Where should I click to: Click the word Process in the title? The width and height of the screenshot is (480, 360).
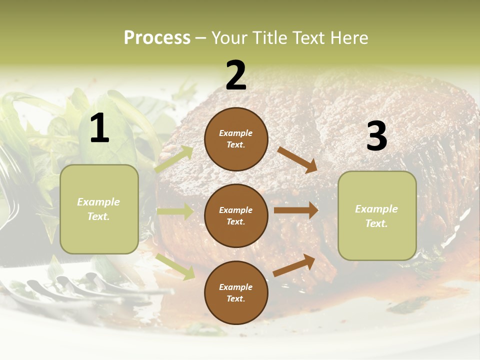[157, 38]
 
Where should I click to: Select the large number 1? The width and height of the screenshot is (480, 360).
[99, 128]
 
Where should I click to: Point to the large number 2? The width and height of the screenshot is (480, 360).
[236, 75]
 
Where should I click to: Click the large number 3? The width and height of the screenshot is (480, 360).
[376, 136]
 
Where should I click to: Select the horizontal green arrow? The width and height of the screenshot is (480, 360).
[175, 211]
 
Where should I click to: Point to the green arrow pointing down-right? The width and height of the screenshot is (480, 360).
[175, 266]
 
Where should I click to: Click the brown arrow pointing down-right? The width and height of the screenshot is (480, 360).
[297, 159]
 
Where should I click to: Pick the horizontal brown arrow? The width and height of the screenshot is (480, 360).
[296, 210]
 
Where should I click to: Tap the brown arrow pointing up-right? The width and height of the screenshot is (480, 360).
[294, 265]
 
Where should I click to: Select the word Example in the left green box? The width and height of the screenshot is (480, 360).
[98, 202]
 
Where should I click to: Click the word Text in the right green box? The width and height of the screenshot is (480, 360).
[376, 223]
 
